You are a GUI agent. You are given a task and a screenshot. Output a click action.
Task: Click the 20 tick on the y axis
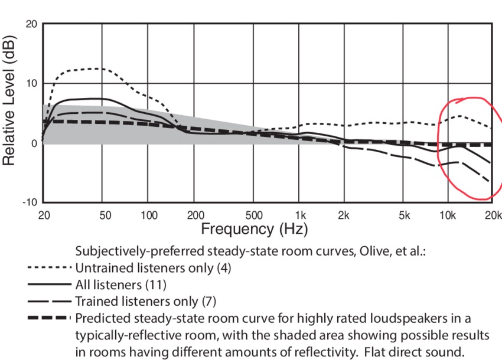coord(31,24)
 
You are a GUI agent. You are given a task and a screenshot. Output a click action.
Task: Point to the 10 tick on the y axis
coord(31,83)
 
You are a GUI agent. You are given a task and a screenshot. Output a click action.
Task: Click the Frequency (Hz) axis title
coord(255,228)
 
